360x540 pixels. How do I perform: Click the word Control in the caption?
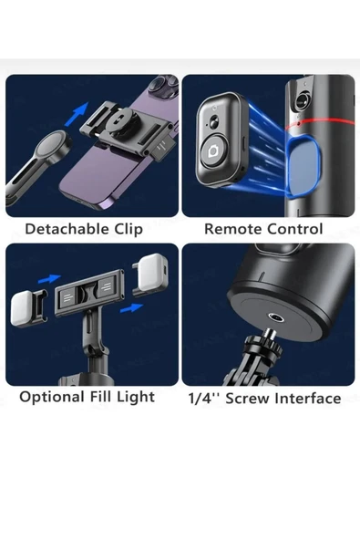pyautogui.click(x=294, y=229)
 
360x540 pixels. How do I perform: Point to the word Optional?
pyautogui.click(x=52, y=397)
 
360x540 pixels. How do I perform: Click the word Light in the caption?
pyautogui.click(x=136, y=397)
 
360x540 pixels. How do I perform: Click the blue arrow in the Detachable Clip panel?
pyautogui.click(x=77, y=114)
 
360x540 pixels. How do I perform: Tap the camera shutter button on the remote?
pyautogui.click(x=214, y=151)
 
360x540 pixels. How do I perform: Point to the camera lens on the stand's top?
pyautogui.click(x=302, y=100)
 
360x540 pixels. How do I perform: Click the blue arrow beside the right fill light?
pyautogui.click(x=131, y=307)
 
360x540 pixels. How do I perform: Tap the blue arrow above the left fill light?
pyautogui.click(x=49, y=278)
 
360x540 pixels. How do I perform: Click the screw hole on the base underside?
pyautogui.click(x=275, y=317)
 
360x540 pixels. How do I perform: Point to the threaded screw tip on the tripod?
pyautogui.click(x=271, y=334)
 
